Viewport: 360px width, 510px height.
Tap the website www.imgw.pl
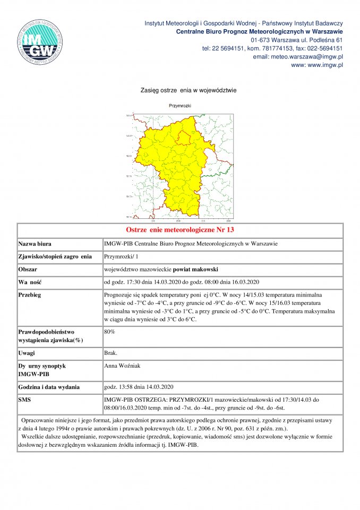coord(317,65)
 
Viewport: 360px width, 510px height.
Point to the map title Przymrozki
coord(180,106)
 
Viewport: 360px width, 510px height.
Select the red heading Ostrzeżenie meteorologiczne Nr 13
coord(180,231)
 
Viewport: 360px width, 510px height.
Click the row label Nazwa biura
coord(35,244)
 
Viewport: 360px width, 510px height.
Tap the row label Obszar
coord(28,269)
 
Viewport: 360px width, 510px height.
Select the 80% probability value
coord(109,331)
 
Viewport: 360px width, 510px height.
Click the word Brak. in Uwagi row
coord(111,353)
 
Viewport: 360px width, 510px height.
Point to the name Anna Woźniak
coord(122,366)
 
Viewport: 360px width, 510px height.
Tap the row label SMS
coord(25,399)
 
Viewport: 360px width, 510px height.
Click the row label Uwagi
coord(27,353)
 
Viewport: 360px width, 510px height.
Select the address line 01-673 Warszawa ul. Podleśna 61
coord(296,40)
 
